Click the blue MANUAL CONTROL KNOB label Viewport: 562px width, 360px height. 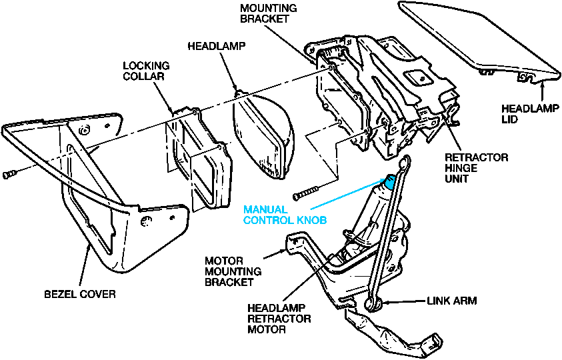click(x=285, y=215)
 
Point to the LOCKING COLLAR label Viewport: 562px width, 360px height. click(x=146, y=71)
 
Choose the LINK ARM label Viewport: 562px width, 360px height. click(x=451, y=301)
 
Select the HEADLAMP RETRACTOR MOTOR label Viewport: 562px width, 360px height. click(x=279, y=319)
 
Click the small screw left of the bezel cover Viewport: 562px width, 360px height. click(x=9, y=175)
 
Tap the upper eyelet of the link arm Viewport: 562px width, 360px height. click(x=405, y=162)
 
